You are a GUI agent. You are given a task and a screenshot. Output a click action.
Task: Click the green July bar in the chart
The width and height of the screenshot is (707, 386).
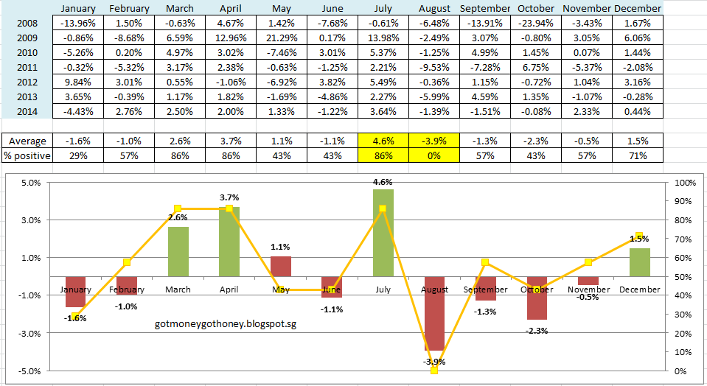[x=383, y=232]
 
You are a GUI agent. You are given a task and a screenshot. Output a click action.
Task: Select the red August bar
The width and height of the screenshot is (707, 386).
[x=433, y=313]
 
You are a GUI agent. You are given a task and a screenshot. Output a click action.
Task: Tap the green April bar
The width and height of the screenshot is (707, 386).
[x=229, y=241]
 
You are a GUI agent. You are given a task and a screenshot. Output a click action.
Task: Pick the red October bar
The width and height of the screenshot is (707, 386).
[x=536, y=298]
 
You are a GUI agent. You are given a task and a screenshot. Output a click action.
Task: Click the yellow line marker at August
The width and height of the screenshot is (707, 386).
[x=433, y=370]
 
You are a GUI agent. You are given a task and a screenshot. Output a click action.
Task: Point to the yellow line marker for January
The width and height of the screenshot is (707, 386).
[x=76, y=316]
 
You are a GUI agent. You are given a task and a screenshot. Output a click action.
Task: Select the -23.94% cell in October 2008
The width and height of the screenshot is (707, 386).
[x=536, y=23]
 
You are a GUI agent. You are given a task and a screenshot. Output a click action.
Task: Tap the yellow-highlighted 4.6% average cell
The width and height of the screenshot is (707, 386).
[x=383, y=141]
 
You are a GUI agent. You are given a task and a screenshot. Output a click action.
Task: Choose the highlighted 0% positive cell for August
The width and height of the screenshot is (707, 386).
[x=433, y=155]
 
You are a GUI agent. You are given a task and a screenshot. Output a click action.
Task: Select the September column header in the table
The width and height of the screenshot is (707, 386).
[x=485, y=8]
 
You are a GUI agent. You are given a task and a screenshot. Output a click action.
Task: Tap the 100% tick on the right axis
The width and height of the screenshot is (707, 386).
[x=686, y=182]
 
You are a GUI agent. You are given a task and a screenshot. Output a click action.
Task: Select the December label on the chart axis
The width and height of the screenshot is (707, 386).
[x=640, y=289]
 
